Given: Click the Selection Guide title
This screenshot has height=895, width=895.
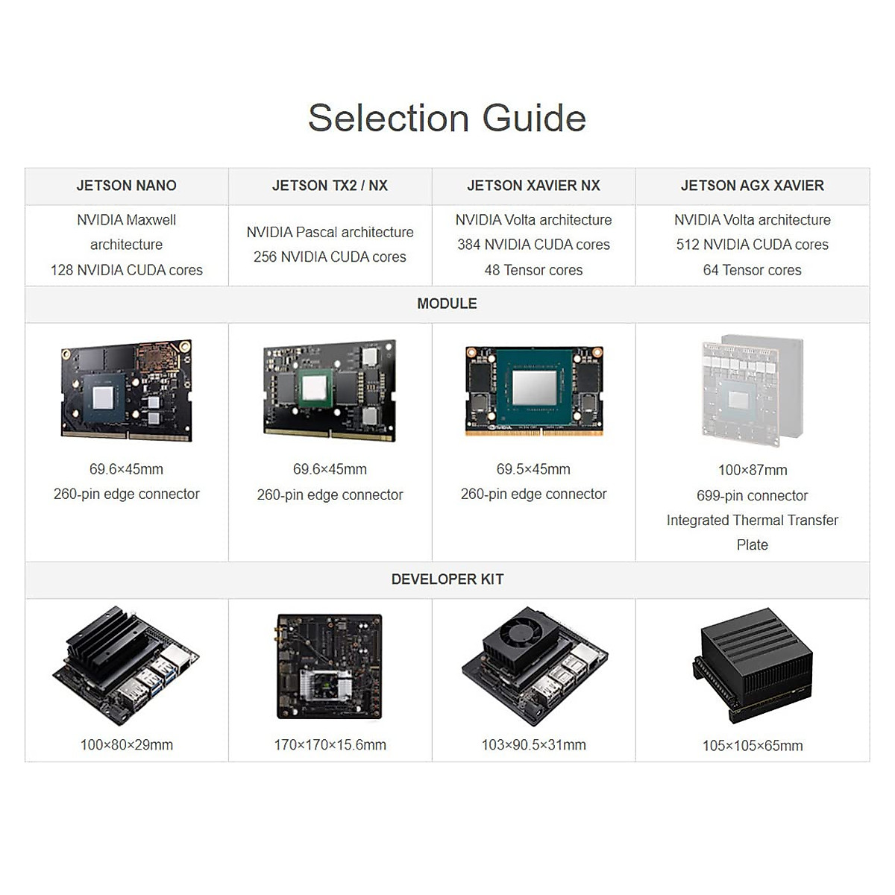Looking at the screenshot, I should point(447,118).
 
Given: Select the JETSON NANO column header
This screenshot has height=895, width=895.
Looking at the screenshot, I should point(126,186).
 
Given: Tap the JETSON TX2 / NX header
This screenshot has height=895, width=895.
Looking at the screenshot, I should point(330,186).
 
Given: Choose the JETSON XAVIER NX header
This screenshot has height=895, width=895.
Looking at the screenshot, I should point(533,186).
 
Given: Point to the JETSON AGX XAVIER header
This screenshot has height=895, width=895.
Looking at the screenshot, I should point(752,186).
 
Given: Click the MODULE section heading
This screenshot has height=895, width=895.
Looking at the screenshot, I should point(447,304).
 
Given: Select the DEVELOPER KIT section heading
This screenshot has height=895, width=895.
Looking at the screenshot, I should point(447,580).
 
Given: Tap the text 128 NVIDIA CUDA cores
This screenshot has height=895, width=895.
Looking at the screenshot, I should point(126,270).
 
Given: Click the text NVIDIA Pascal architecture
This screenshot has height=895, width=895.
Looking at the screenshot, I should point(330,232).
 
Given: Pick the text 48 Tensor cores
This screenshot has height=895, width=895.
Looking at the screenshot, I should point(533,270).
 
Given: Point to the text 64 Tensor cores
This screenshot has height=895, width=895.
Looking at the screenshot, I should point(752,270).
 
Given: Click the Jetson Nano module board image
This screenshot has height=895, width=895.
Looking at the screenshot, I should point(126,390).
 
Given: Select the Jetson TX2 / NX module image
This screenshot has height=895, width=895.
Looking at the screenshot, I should point(330,389).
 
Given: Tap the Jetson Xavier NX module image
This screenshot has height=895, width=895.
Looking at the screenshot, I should point(534,390).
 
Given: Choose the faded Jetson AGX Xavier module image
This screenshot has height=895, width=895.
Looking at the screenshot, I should point(752,389).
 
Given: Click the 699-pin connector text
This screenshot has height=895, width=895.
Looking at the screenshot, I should point(752,496).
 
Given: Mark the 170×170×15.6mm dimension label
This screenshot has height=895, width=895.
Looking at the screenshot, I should point(330,745).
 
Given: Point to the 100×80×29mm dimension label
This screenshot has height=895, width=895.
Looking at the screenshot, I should point(126,745).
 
